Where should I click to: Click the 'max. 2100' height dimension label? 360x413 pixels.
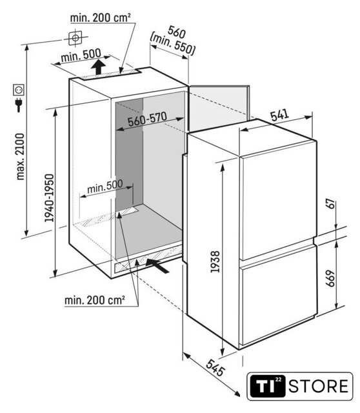20,157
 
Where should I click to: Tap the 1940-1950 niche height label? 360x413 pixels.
49,198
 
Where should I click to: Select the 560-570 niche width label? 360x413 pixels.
148,119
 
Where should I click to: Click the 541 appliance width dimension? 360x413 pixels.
280,116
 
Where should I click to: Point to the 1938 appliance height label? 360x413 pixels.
215,262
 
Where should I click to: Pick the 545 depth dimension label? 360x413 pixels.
215,368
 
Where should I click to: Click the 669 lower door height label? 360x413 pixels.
330,278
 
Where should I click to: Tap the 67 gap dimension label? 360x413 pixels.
332,204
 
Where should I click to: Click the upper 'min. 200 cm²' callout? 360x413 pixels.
100,18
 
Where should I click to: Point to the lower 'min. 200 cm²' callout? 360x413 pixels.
95,300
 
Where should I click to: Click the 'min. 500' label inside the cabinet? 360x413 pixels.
105,186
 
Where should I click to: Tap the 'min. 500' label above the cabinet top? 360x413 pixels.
81,55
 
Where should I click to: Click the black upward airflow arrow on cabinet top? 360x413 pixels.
98,67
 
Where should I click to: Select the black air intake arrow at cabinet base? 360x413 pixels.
157,265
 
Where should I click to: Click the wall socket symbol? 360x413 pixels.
19,90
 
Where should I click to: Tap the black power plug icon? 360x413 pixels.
19,105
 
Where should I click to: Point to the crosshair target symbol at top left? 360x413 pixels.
75,38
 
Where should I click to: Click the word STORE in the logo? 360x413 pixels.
318,387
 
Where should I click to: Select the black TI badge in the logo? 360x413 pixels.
267,387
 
